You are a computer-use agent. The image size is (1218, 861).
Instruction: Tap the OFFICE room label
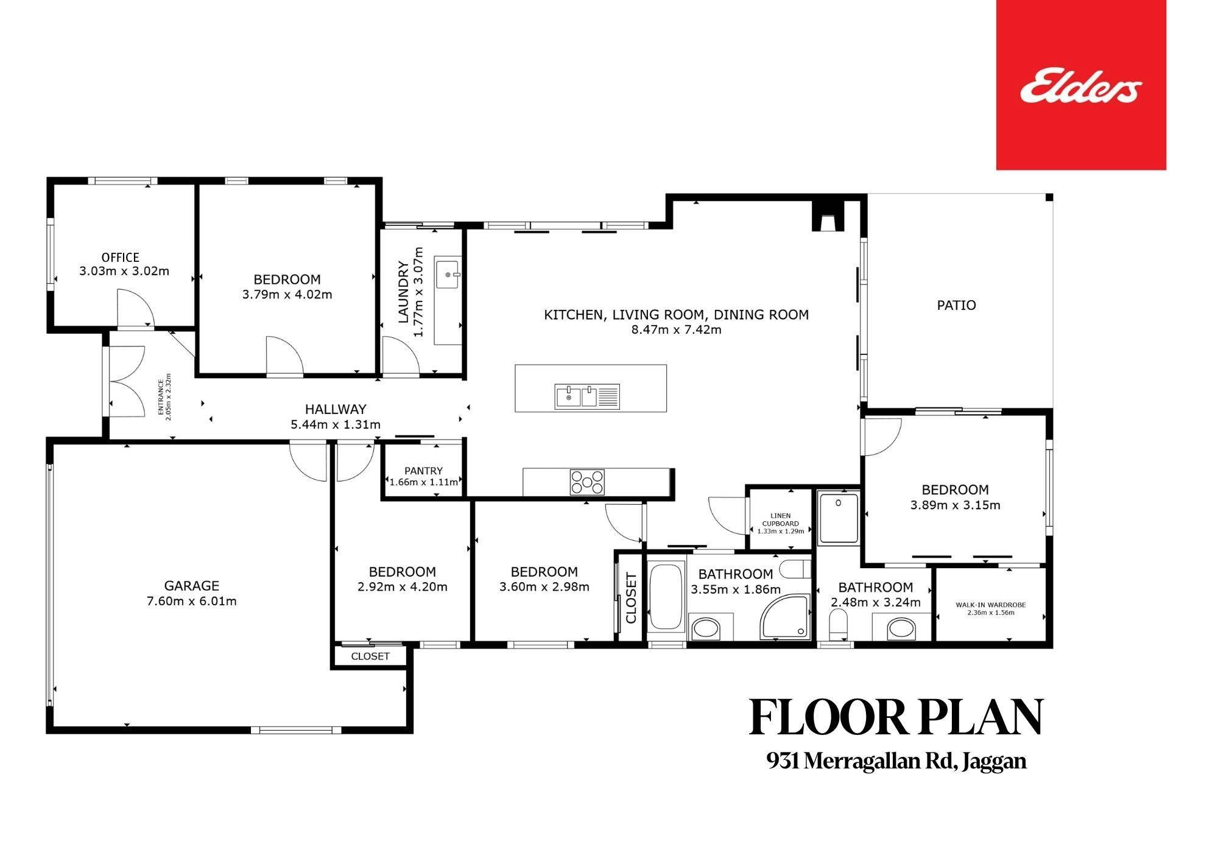click(x=121, y=258)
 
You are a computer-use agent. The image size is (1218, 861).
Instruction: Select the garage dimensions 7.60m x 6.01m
click(x=192, y=602)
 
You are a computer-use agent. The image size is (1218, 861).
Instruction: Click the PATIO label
click(x=956, y=305)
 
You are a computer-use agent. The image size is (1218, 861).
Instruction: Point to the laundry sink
click(x=449, y=274)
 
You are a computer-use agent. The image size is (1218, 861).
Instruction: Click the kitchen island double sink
click(x=587, y=397)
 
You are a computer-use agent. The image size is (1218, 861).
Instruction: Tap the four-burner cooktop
click(x=587, y=482)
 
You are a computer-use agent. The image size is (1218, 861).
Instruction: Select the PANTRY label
click(x=423, y=471)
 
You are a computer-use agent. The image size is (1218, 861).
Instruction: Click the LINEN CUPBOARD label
click(x=780, y=519)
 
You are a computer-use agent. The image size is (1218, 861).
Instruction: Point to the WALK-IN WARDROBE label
click(x=991, y=605)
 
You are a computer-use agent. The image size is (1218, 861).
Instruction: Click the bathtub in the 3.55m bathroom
click(x=666, y=597)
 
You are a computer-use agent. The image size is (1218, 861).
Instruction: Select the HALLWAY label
click(x=336, y=409)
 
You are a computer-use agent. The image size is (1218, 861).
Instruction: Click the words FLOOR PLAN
click(x=896, y=718)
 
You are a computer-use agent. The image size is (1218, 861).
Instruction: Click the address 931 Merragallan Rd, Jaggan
click(x=896, y=761)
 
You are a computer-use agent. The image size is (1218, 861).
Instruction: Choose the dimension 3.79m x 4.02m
click(x=287, y=295)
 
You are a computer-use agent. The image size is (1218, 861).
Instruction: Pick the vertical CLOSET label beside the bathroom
click(x=631, y=598)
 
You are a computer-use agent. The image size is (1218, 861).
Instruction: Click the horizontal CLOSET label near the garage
click(x=370, y=656)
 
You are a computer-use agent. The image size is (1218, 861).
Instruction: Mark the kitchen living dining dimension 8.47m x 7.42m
click(x=676, y=330)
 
